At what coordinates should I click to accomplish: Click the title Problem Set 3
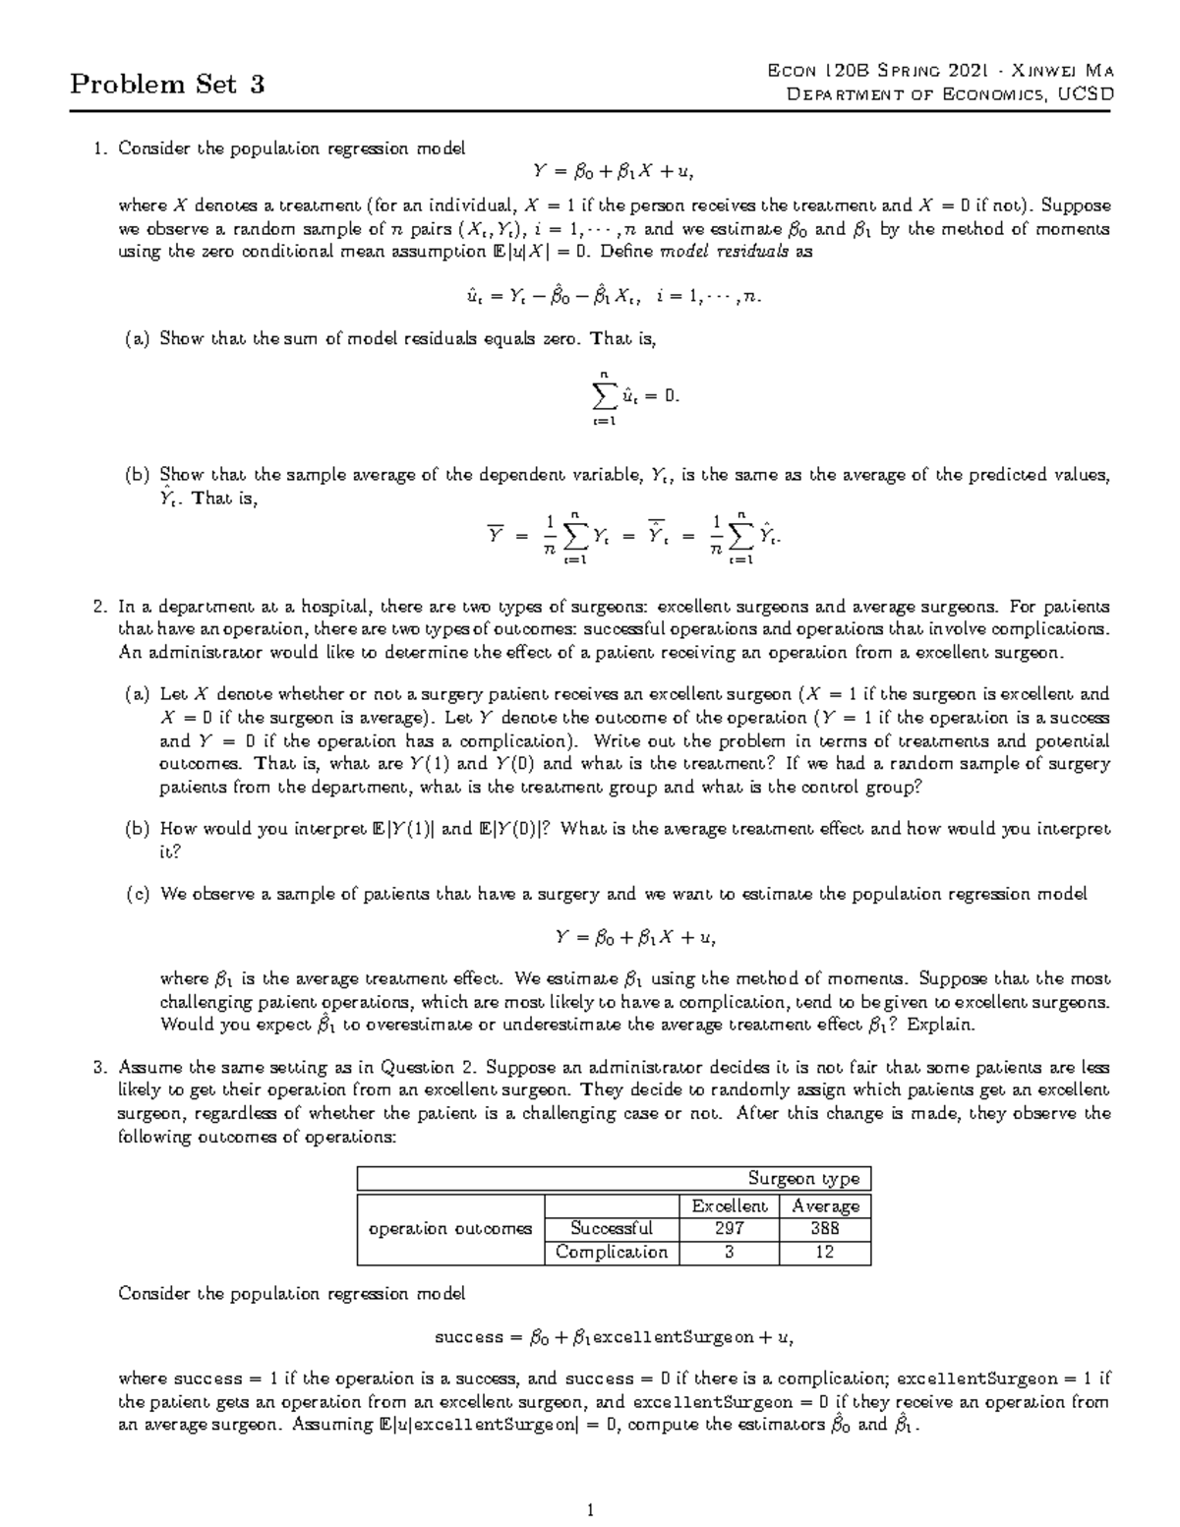[x=167, y=85]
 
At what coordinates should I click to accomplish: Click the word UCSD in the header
[x=1083, y=94]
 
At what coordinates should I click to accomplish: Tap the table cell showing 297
[x=729, y=1228]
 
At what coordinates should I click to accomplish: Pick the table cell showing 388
[x=824, y=1228]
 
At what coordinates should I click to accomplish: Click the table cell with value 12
[x=824, y=1252]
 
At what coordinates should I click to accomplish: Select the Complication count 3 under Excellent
[x=729, y=1252]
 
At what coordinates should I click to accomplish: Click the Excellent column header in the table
[x=729, y=1205]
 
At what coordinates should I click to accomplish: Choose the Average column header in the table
[x=825, y=1205]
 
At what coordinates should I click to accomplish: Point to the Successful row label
[x=611, y=1228]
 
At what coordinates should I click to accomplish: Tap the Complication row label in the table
[x=611, y=1252]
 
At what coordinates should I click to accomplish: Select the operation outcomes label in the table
[x=449, y=1229]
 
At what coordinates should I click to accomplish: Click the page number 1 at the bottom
[x=589, y=1510]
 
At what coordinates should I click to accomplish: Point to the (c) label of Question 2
[x=137, y=895]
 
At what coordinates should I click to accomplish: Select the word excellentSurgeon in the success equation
[x=673, y=1337]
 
